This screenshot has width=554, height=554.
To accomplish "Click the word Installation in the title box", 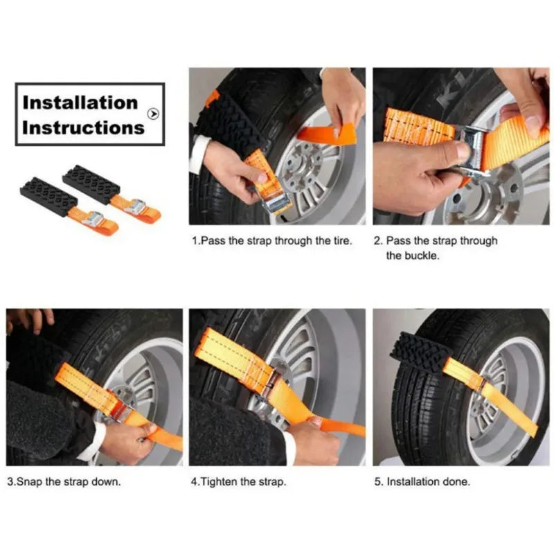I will click(80, 102).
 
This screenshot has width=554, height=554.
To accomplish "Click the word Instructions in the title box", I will click(83, 127).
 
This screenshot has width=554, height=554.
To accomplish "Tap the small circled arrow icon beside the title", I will click(153, 114).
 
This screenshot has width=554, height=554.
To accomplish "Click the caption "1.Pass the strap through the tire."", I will click(272, 242).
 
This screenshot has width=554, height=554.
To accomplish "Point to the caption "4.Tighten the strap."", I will click(238, 481).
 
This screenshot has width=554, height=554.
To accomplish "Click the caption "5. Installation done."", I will click(422, 481).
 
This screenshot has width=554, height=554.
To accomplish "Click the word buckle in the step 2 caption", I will click(403, 256).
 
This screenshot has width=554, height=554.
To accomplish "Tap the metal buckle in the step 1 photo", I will click(278, 201).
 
